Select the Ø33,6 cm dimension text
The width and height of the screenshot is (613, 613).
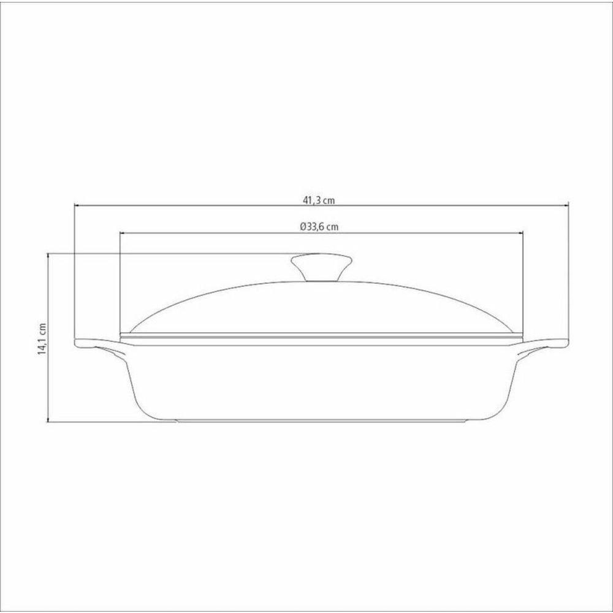(x=319, y=226)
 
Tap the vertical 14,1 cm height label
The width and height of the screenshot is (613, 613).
(x=42, y=338)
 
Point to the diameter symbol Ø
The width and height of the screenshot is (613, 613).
(x=303, y=226)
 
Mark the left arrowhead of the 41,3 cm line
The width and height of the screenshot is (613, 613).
(x=77, y=206)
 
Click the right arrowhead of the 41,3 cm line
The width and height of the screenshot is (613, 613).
(x=566, y=206)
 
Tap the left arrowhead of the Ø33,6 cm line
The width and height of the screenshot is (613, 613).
(x=121, y=233)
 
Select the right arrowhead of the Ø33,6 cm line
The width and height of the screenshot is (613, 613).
(x=522, y=233)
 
